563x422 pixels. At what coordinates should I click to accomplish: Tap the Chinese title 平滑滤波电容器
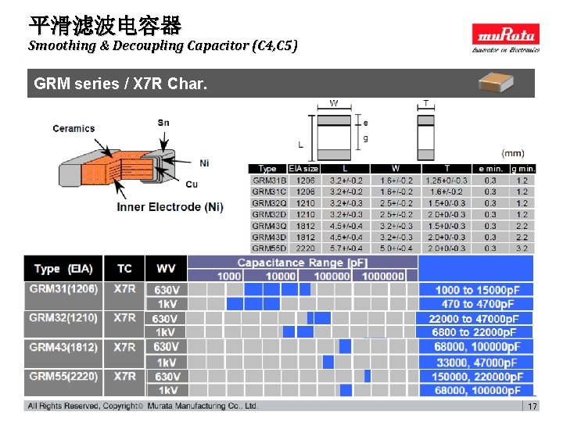[x=105, y=26]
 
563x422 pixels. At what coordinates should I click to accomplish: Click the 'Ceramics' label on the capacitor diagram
[x=74, y=128]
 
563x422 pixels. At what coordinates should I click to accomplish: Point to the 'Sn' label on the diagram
[x=163, y=123]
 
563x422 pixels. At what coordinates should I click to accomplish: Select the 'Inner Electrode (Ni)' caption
[x=170, y=207]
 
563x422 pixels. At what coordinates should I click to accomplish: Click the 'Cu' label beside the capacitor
[x=192, y=184]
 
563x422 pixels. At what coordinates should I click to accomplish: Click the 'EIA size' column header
[x=303, y=168]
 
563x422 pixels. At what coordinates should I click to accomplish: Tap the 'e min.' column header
[x=489, y=168]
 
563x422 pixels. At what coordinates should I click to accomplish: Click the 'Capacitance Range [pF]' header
[x=303, y=263]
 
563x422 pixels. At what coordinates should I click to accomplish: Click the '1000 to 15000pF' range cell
[x=477, y=290]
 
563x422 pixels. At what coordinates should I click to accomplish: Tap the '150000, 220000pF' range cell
[x=477, y=376]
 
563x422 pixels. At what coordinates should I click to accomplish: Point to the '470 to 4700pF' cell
[x=477, y=304]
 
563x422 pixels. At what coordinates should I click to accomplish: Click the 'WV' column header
[x=166, y=269]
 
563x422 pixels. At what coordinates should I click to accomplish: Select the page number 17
[x=532, y=406]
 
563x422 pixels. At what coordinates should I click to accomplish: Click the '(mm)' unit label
[x=513, y=153]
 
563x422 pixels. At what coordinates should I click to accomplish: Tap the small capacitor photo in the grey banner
[x=500, y=82]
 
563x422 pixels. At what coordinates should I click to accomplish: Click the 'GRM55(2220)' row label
[x=63, y=376]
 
